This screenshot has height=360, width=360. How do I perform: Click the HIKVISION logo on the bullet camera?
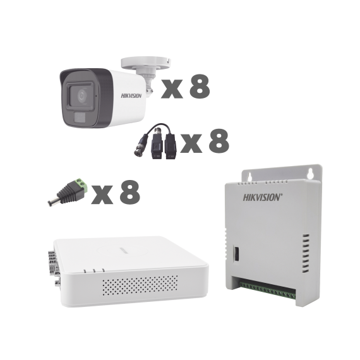pos(131,96)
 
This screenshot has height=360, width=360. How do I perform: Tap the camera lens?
pos(81,96)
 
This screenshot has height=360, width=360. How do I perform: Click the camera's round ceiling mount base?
pos(146,63)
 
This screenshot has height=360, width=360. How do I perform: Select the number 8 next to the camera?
pos(200,87)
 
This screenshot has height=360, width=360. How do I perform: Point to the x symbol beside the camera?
pos(172,89)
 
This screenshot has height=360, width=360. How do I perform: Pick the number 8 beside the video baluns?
pos(219,141)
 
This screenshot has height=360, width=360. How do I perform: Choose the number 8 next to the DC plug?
pos(130,192)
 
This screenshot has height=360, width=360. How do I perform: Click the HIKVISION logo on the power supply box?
pos(263,197)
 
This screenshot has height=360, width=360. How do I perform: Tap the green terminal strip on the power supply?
pos(267,290)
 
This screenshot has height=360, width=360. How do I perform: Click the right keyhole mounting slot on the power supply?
pos(311,174)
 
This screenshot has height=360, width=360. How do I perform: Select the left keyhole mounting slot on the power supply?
pos(249,176)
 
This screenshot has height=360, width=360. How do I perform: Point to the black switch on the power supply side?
pos(236,253)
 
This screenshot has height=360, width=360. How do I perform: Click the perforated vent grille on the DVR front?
pos(140,285)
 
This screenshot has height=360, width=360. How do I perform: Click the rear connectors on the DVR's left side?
pos(54,267)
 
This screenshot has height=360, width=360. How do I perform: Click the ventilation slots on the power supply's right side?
pos(305,253)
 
